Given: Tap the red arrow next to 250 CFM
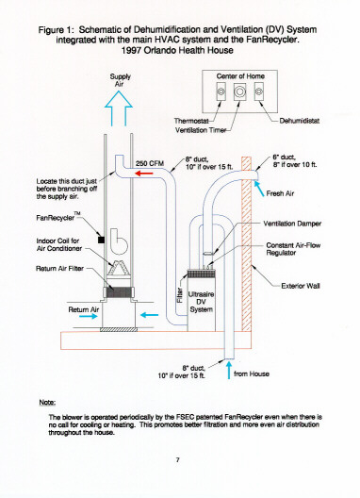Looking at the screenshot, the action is [144, 174].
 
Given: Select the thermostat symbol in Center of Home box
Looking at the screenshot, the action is [221, 91].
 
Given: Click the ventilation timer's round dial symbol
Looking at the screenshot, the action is [239, 91].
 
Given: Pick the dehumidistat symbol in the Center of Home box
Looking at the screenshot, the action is [259, 91].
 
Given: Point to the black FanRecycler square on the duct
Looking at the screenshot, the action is [101, 240].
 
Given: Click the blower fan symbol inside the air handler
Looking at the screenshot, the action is [119, 241].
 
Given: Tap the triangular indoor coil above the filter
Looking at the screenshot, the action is [119, 268].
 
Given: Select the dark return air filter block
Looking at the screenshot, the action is [119, 292].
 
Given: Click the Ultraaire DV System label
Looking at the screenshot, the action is [202, 302].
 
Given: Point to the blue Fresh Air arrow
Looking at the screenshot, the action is [259, 188].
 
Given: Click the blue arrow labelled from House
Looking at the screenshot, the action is [229, 370].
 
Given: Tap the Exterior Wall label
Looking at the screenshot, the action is [301, 286].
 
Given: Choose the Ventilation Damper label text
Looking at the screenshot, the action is [292, 224].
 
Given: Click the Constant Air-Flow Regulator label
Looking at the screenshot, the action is [293, 249].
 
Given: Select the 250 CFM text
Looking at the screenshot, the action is [150, 163].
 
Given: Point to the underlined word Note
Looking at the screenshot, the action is [47, 403].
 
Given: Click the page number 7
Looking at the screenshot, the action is [178, 459].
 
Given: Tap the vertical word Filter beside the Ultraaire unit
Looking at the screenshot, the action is [180, 295].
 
